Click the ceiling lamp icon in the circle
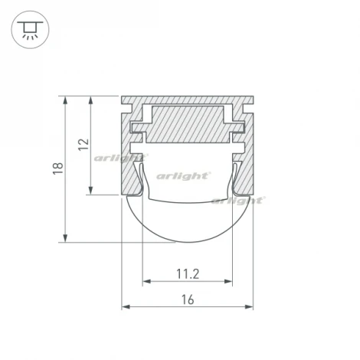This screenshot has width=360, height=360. (x=30, y=31)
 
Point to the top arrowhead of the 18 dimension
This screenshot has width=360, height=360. (x=65, y=100)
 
